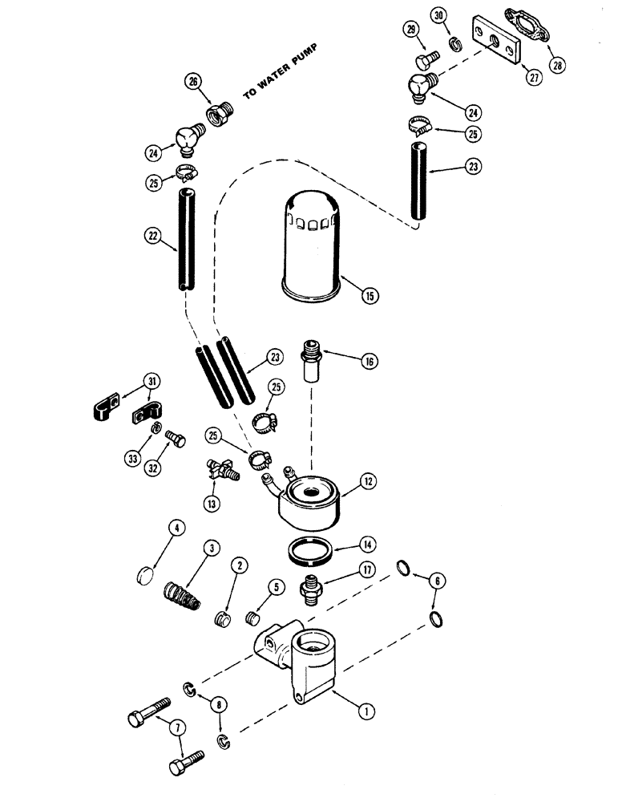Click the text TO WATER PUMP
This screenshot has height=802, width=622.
[281, 72]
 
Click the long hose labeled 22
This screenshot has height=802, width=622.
[184, 249]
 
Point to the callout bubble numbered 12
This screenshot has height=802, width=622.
[368, 482]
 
